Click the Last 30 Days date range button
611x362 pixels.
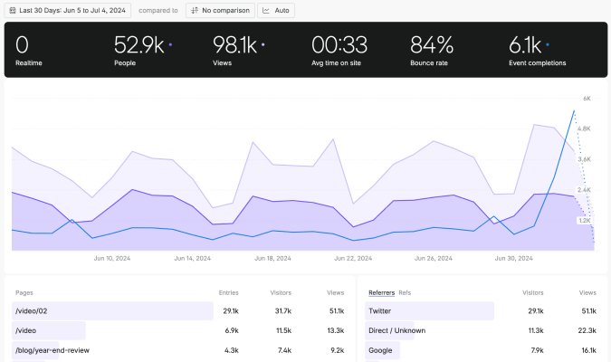coord(68,10)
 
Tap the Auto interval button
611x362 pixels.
coord(277,10)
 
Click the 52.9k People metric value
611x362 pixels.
coord(138,45)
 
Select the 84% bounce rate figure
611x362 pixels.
coord(432,45)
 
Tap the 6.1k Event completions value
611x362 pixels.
coord(526,45)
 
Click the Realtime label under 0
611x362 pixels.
coord(29,63)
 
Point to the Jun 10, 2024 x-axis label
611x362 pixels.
coord(111,258)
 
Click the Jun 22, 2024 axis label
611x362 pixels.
coord(352,258)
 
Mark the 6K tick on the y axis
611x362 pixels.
coord(587,98)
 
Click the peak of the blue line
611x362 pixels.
coord(574,110)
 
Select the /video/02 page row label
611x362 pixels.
coord(31,310)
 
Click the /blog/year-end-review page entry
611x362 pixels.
coord(52,349)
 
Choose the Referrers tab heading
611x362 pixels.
coord(381,292)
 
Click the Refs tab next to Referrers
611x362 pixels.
coord(405,292)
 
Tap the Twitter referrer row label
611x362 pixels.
coord(379,310)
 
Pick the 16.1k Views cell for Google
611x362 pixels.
coord(587,349)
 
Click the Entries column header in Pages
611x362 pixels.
coord(228,292)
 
